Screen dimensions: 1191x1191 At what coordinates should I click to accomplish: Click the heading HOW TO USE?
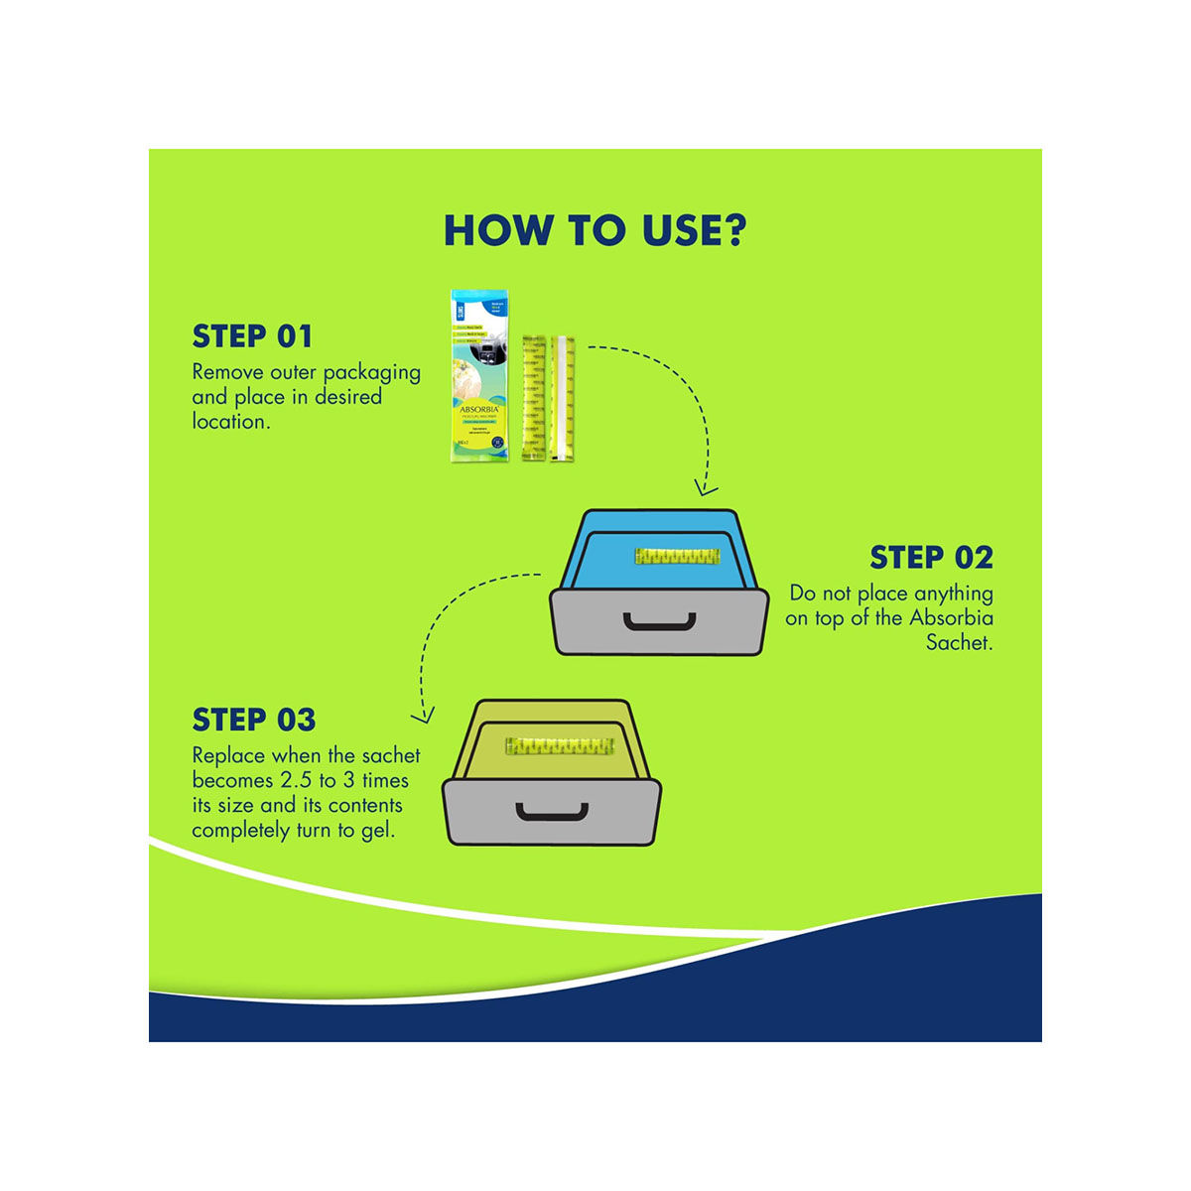[x=595, y=229]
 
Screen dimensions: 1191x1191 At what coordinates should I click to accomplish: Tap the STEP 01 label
[x=252, y=336]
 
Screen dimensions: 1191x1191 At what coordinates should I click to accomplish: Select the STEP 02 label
[x=931, y=558]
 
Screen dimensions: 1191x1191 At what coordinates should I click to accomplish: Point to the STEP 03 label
[x=254, y=720]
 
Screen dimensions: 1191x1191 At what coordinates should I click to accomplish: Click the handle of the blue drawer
[x=659, y=622]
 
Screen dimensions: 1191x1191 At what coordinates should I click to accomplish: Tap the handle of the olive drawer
[x=551, y=812]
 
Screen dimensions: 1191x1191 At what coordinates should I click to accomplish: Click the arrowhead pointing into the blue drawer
[x=706, y=488]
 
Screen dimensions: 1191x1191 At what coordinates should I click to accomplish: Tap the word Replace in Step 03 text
[x=228, y=756]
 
